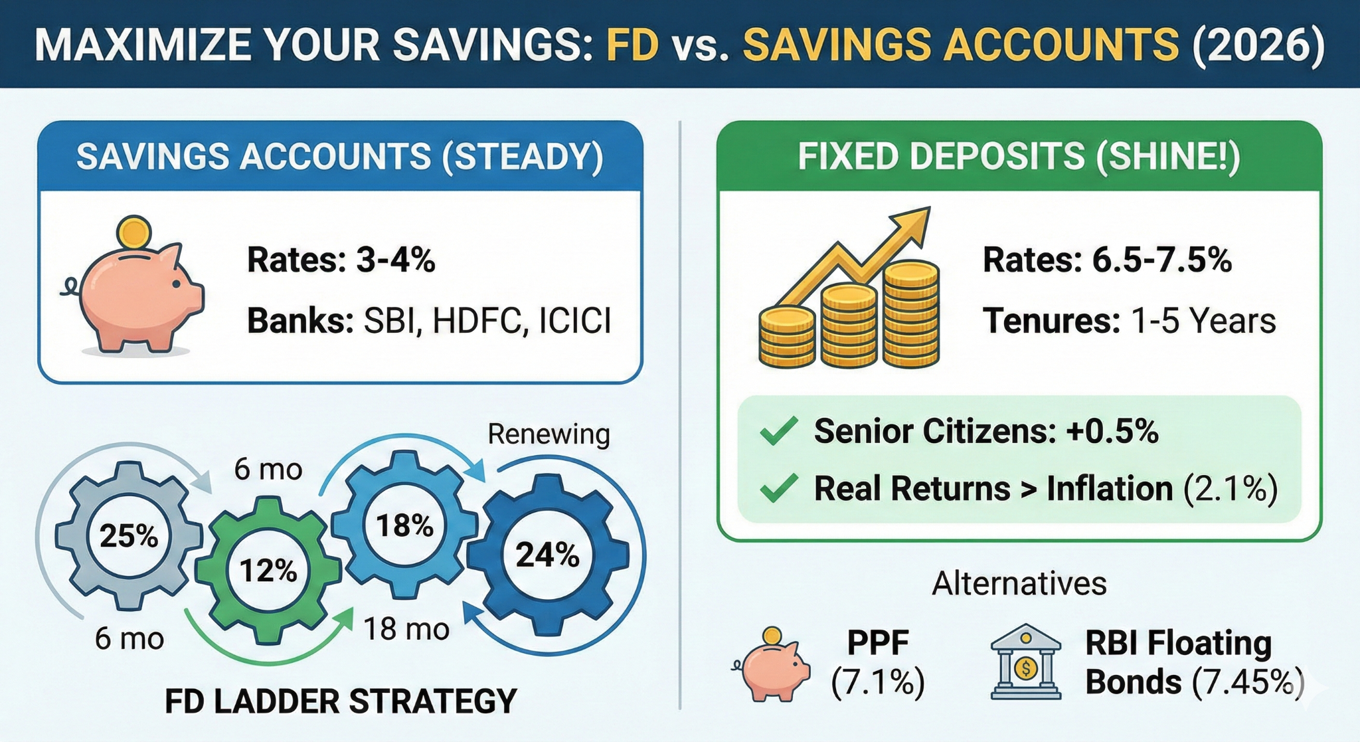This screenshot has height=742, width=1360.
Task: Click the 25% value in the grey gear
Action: [129, 535]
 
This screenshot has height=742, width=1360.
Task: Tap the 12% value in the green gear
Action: [268, 571]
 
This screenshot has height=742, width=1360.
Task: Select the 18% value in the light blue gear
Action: [405, 525]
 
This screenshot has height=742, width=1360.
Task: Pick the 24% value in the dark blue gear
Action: [548, 555]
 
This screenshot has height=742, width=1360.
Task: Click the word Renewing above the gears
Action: [549, 434]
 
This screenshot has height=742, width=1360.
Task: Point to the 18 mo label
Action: [406, 628]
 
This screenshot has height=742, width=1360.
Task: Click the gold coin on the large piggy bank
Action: [134, 233]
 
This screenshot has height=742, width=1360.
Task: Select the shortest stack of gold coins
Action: [787, 337]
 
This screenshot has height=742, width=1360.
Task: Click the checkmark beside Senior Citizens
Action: [778, 431]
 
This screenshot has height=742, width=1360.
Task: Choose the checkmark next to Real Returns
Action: [778, 488]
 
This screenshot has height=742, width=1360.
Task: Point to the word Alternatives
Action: [1019, 584]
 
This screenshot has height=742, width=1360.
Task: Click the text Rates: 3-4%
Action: [341, 260]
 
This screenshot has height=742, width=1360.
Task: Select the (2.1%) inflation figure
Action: [1231, 489]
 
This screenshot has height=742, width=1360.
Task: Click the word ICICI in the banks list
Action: [575, 321]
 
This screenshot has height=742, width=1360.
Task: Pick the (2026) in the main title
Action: [1258, 45]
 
